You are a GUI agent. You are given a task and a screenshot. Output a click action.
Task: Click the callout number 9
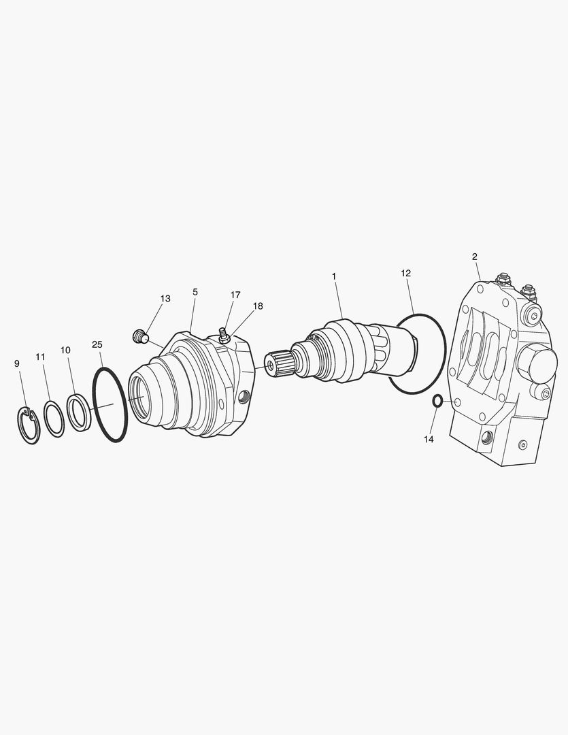coord(17,363)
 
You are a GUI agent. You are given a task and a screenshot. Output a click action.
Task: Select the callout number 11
coord(40,357)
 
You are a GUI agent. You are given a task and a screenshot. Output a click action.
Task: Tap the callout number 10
coord(65,350)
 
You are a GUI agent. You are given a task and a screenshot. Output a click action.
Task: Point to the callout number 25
coord(97,344)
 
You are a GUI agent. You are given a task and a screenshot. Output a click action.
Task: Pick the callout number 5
coord(195,292)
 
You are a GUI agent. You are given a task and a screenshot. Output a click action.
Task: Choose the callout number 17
coord(235,295)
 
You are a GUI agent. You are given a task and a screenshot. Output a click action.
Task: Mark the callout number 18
coord(257,306)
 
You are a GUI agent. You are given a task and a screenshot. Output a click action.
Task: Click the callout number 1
coord(334,276)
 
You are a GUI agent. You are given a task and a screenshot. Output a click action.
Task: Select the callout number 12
coord(406,273)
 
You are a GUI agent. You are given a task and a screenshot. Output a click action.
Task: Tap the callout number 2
coord(474,257)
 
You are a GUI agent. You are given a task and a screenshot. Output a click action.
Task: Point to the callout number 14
coord(429,440)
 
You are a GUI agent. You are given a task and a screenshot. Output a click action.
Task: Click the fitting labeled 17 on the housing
coord(222,335)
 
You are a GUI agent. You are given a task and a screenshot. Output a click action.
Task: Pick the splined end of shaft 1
coord(276,365)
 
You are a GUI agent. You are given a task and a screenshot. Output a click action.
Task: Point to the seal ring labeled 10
coord(79,412)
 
